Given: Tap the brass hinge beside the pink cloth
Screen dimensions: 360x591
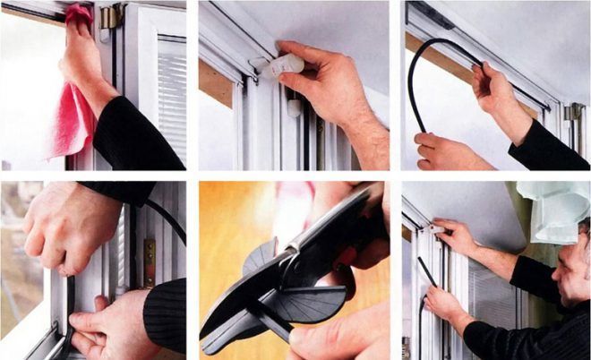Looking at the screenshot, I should tap(111, 17).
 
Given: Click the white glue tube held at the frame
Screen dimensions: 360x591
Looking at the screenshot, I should tap(285, 62).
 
